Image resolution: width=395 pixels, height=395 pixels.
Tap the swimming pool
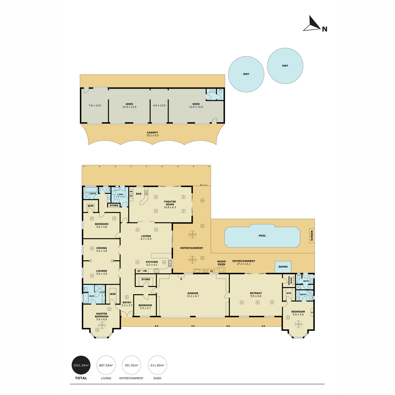[x=262, y=236]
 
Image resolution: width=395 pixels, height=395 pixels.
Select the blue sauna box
[x=283, y=267]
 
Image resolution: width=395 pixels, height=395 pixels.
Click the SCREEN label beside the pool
[x=312, y=236]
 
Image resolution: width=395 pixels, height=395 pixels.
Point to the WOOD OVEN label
[x=222, y=263]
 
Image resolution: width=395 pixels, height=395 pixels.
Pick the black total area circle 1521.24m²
[x=81, y=365]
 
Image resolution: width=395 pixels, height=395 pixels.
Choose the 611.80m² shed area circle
[x=157, y=365]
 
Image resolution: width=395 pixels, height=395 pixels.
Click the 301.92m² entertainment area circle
[x=131, y=365]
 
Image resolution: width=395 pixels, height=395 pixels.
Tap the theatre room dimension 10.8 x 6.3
[x=170, y=207]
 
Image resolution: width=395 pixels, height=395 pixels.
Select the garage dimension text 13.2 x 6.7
[x=193, y=296]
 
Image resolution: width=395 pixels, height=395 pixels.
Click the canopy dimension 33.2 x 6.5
[x=152, y=135]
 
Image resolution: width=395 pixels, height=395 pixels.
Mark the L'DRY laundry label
[x=120, y=194]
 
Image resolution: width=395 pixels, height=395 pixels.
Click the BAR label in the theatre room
[x=139, y=194]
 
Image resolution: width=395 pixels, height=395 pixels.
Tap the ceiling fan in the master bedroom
[x=102, y=325]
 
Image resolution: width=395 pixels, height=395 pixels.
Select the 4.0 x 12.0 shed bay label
[x=159, y=105]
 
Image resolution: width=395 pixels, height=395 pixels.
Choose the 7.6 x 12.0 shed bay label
[x=95, y=105]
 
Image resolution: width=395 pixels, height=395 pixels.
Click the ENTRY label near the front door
[x=127, y=303]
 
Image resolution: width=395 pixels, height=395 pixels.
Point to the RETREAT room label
[x=256, y=293]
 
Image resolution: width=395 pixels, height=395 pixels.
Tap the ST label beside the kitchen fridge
[x=139, y=271]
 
